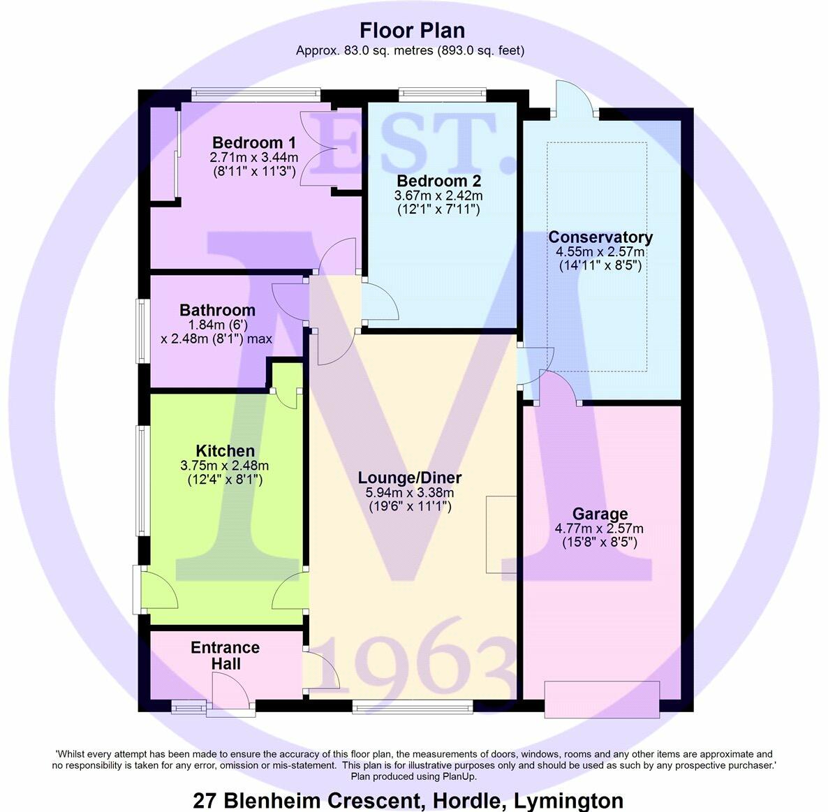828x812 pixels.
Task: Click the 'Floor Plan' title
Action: coord(412,30)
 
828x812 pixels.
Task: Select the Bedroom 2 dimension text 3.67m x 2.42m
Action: coord(438,195)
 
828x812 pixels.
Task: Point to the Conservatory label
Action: coord(600,237)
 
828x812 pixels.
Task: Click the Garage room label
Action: coord(600,514)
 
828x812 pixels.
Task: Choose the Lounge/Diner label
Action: coord(410,478)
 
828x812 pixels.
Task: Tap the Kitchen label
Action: coord(225,450)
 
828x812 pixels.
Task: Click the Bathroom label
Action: coord(217,309)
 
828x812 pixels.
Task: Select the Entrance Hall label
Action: coord(225,655)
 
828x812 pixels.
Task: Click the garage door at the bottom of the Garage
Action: coord(602,699)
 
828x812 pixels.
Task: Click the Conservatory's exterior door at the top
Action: coord(573,100)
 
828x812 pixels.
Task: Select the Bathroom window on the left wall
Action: coord(142,331)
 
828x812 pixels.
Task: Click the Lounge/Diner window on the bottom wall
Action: coord(413,707)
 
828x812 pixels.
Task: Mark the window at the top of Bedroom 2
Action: coord(443,94)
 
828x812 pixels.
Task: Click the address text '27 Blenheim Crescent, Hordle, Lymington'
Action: coord(408,799)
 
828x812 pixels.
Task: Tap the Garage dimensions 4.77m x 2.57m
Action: coord(599,529)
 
